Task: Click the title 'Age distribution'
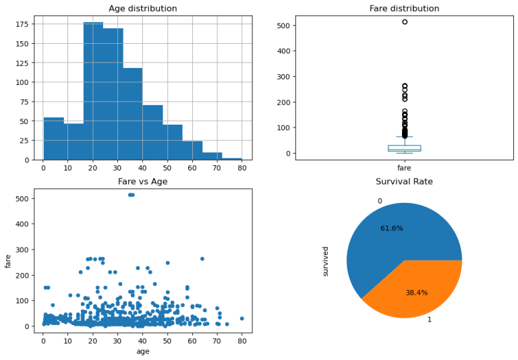coord(143,9)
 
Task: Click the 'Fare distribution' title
coord(404,9)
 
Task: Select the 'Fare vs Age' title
coord(143,181)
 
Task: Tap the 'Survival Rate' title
coord(404,181)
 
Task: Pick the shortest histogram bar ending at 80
coord(231,158)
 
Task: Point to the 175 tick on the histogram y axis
coord(26,24)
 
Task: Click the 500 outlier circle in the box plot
coord(405,22)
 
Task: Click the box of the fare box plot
coord(405,148)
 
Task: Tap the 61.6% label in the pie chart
coord(391,229)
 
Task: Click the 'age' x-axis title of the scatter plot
coord(143,351)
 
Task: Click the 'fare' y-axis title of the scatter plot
coord(9,260)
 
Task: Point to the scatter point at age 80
coord(241,318)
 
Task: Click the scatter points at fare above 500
coord(131,195)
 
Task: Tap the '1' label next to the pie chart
coord(429,320)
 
